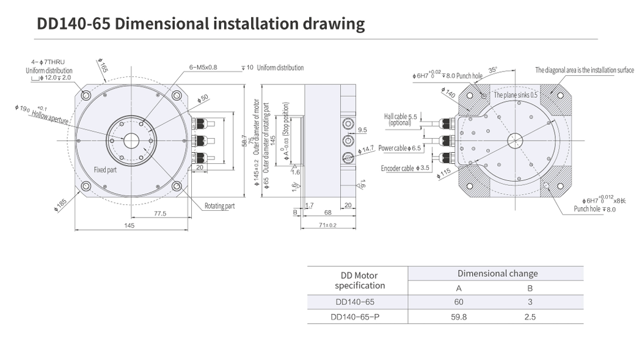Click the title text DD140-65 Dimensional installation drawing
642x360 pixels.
coord(201,24)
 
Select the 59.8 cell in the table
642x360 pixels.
coord(459,317)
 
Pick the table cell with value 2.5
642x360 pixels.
coord(530,317)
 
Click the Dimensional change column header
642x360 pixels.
coord(497,273)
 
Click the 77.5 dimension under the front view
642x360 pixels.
coord(161,213)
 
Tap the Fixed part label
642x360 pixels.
coord(105,170)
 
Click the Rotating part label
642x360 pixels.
coord(219,206)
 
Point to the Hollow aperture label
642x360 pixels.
coord(51,115)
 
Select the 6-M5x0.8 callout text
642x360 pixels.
coord(203,68)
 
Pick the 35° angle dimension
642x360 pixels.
coord(493,69)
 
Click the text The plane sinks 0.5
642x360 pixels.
coord(516,95)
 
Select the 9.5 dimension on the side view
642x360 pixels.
coord(362,130)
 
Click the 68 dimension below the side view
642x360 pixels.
coord(327,213)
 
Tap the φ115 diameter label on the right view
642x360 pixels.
coord(444,174)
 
